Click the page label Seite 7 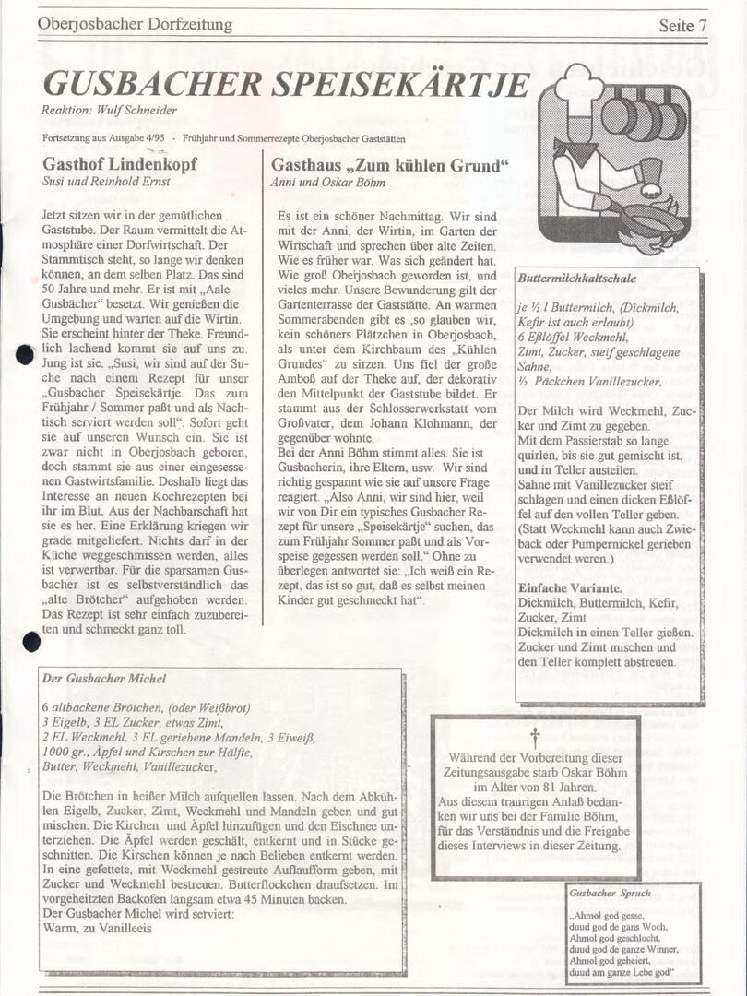(x=682, y=25)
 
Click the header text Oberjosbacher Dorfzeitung (x=135, y=25)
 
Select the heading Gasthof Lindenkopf (x=120, y=165)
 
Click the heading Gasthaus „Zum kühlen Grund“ (x=390, y=165)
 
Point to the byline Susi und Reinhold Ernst (x=106, y=182)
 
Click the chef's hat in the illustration (x=579, y=89)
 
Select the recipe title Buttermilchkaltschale (x=576, y=278)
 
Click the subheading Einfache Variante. (x=569, y=588)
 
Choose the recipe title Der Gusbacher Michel (x=104, y=679)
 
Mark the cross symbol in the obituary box (x=534, y=735)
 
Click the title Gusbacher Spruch (x=610, y=893)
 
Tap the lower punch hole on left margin (x=31, y=642)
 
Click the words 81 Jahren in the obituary (x=564, y=788)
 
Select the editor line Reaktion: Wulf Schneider (x=109, y=110)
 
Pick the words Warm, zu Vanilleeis (x=98, y=928)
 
